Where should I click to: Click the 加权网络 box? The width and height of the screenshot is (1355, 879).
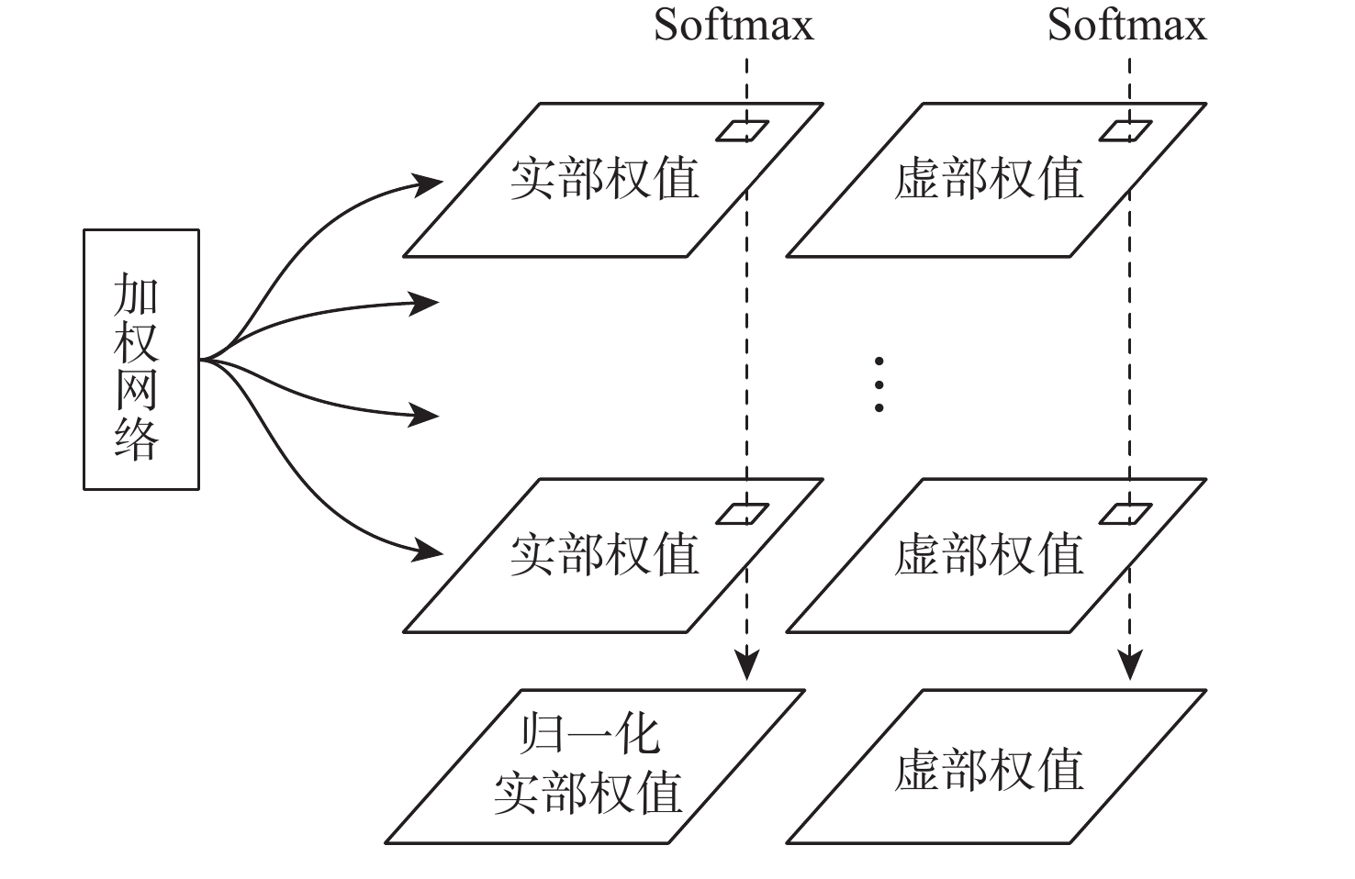point(141,359)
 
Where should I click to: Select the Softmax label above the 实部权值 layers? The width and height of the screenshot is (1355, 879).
point(733,25)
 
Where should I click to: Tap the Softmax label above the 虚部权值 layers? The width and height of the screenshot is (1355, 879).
point(1126,25)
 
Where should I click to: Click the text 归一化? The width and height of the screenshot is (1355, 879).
point(589,735)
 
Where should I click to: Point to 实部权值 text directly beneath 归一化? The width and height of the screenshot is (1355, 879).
point(588,792)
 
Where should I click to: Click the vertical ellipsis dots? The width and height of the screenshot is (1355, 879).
point(879,384)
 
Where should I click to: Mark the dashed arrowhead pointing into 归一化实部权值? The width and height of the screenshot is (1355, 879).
point(748,664)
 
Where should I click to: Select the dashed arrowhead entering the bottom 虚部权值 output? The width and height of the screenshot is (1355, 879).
point(1130,664)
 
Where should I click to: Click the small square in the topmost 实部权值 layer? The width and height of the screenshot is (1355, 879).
point(743,131)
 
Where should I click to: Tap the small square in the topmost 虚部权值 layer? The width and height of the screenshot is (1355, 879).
point(1125,131)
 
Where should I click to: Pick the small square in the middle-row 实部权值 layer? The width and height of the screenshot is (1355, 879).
point(743,514)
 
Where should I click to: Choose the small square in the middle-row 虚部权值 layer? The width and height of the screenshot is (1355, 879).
point(1125,514)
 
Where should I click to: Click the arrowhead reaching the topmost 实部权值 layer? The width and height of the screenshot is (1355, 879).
point(428,184)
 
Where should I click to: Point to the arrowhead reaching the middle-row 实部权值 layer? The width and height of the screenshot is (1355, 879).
point(428,551)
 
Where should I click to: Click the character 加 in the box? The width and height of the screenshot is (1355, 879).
point(137,294)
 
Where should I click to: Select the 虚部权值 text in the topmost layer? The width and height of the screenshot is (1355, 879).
point(989,178)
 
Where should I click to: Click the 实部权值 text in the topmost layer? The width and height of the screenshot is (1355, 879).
point(605,178)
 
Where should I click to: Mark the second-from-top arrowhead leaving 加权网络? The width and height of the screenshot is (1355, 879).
point(424,302)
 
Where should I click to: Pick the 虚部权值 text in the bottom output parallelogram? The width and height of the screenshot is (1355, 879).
point(989,770)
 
